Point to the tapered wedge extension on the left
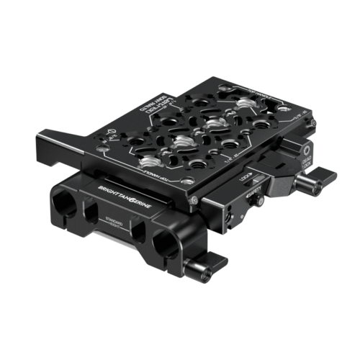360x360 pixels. [x=61, y=141]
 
